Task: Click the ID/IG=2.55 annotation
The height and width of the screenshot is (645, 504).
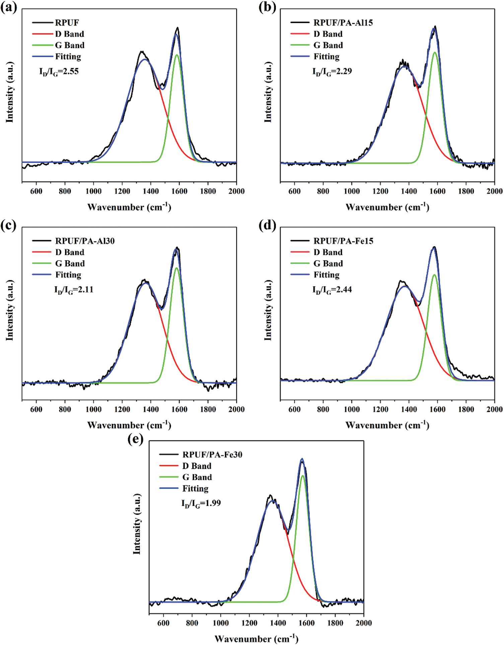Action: pos(59,72)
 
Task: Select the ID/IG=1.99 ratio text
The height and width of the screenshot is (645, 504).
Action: pos(201,503)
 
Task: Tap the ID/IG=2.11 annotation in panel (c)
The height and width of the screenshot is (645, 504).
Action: pos(74,290)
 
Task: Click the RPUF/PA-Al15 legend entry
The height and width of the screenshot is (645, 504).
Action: pos(343,23)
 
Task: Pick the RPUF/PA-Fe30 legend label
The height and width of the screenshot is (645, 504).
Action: pos(212,454)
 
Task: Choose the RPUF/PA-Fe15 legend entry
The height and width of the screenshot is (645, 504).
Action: pos(343,241)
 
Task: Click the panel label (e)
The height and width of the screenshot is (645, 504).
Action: pos(136,439)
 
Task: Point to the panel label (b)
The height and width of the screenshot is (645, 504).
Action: pos(267,7)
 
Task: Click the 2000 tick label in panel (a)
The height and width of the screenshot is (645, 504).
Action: pos(236,191)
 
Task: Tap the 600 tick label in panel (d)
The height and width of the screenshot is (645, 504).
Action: pos(294,409)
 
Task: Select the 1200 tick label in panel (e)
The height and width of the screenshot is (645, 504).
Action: pos(249,623)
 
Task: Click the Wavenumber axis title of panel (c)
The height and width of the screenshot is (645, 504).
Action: pos(129,425)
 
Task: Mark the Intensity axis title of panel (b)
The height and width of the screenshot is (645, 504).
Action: pos(268,92)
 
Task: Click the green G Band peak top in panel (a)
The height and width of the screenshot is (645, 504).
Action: pos(177,55)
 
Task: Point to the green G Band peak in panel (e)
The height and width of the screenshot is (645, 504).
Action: pos(303,476)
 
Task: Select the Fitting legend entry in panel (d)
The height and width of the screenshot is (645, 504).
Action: pos(326,275)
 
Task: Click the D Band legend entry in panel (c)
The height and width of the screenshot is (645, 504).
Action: pos(70,252)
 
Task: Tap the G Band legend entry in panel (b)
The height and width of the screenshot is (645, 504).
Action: pos(328,45)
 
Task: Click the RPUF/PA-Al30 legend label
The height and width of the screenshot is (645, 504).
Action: pos(85,241)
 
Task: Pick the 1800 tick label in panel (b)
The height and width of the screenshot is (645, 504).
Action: pos(466,191)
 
